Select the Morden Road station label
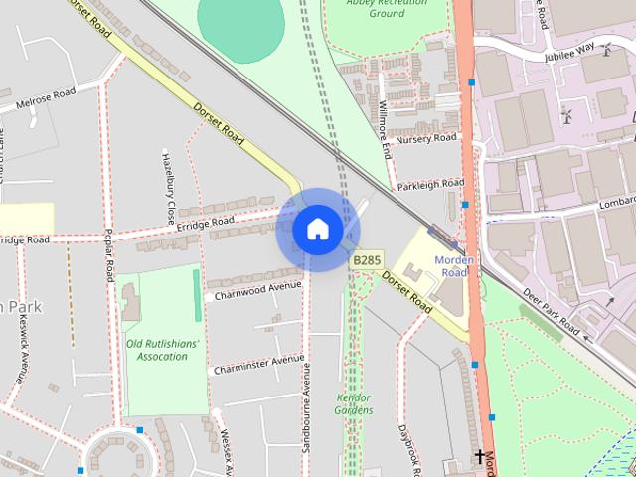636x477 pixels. (x=453, y=266)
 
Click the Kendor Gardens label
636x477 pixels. (x=354, y=402)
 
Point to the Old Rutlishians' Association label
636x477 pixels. (x=163, y=350)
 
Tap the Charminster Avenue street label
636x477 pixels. (x=258, y=364)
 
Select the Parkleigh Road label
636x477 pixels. (x=430, y=184)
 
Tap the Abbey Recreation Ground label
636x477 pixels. (x=387, y=8)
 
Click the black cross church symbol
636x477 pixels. (x=480, y=458)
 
